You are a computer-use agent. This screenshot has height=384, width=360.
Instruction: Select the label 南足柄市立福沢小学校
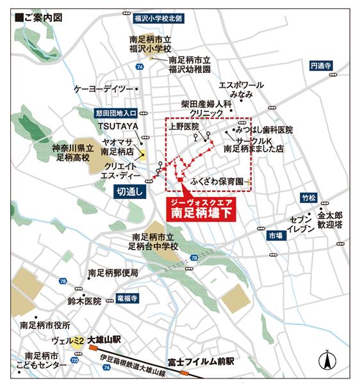click(151, 44)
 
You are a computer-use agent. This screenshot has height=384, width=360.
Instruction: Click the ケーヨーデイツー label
click(103, 88)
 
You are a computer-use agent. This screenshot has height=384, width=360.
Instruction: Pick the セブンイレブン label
click(300, 223)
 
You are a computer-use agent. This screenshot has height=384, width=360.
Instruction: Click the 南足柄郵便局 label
click(113, 273)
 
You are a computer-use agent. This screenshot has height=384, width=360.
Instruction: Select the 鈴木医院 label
click(84, 300)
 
